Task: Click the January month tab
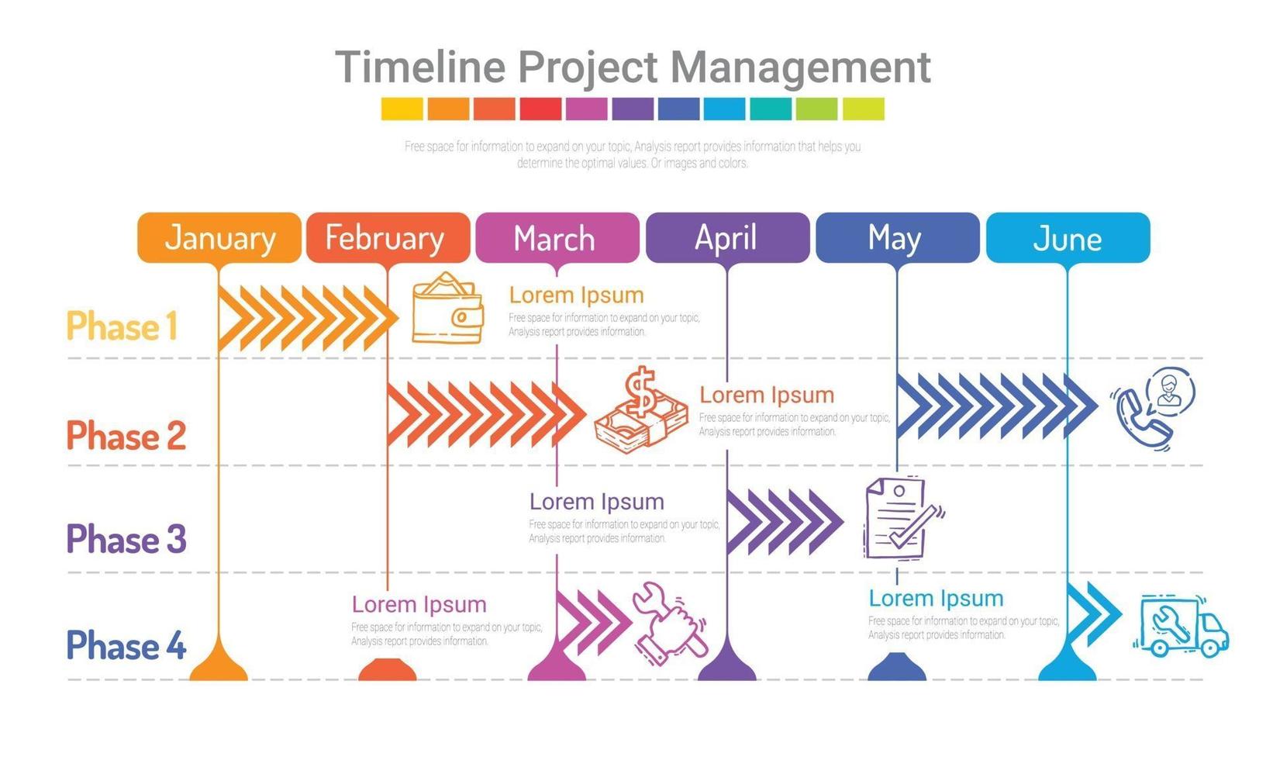coord(219,237)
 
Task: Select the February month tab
coord(388,237)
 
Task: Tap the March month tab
coord(557,237)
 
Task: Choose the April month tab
coord(727,237)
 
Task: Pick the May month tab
coord(898,237)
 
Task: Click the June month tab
coord(1068,237)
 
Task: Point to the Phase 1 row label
coord(122,326)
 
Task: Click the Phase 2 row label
coord(126,435)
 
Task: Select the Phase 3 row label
coord(126,538)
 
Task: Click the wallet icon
coord(447,308)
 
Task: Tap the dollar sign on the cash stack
coord(640,390)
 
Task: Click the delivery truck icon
coord(1181,625)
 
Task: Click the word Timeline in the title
coord(420,67)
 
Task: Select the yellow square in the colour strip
coord(402,109)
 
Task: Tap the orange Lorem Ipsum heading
coord(577,295)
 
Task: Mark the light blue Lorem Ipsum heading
coord(936,598)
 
